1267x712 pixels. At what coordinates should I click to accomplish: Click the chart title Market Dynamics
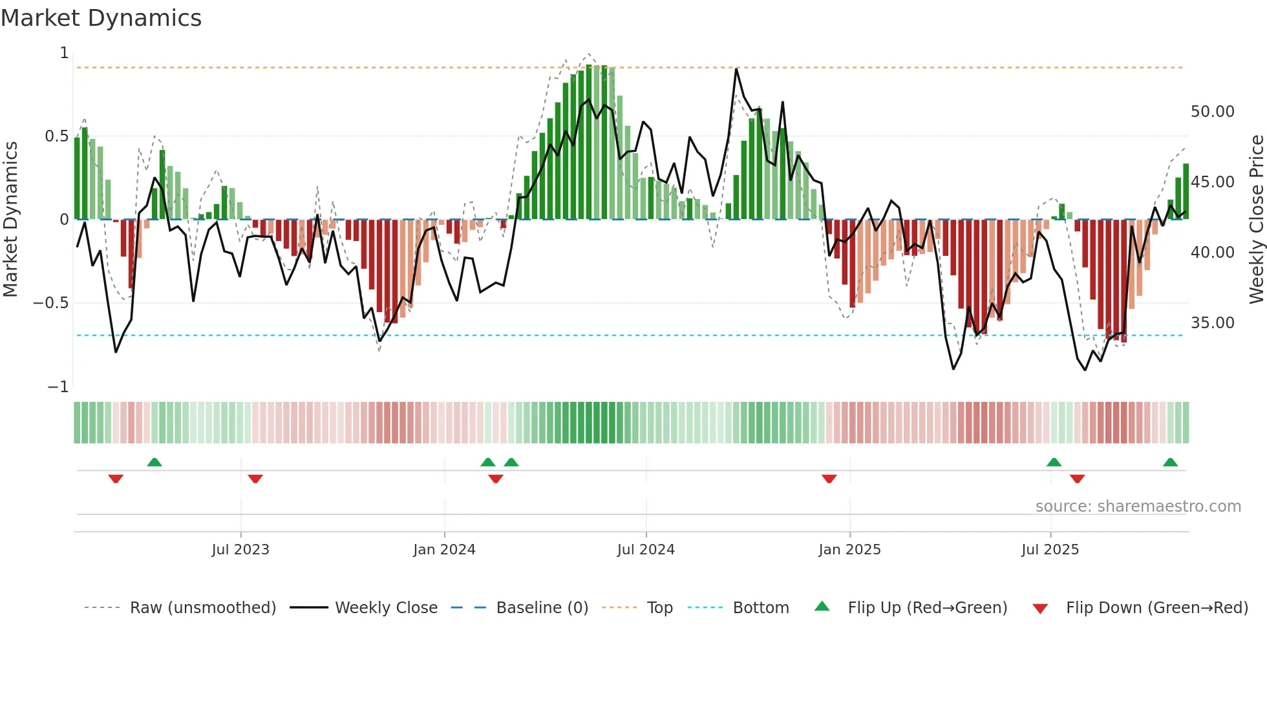(101, 18)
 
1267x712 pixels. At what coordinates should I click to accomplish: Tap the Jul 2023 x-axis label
(240, 550)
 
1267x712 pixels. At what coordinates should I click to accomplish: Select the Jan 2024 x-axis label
(444, 550)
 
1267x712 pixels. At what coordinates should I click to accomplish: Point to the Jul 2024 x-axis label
(646, 550)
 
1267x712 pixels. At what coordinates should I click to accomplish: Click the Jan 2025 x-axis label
(849, 550)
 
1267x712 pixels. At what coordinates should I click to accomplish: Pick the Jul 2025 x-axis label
(1050, 550)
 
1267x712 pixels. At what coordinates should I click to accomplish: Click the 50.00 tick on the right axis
(1212, 112)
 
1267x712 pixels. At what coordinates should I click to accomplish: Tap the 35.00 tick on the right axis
(1212, 323)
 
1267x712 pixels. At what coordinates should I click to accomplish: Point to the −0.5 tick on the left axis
(51, 303)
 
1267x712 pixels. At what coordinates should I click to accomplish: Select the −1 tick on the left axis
(58, 387)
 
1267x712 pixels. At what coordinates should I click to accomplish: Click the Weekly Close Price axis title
(1256, 220)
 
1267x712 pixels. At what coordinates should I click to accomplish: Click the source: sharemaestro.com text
(1138, 507)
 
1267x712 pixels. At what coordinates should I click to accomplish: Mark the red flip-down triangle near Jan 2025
(829, 479)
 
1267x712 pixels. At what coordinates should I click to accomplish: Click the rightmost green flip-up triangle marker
(1170, 462)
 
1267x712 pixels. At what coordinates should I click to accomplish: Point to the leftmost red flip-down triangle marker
(116, 479)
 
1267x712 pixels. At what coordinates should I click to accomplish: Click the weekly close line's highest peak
(736, 68)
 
